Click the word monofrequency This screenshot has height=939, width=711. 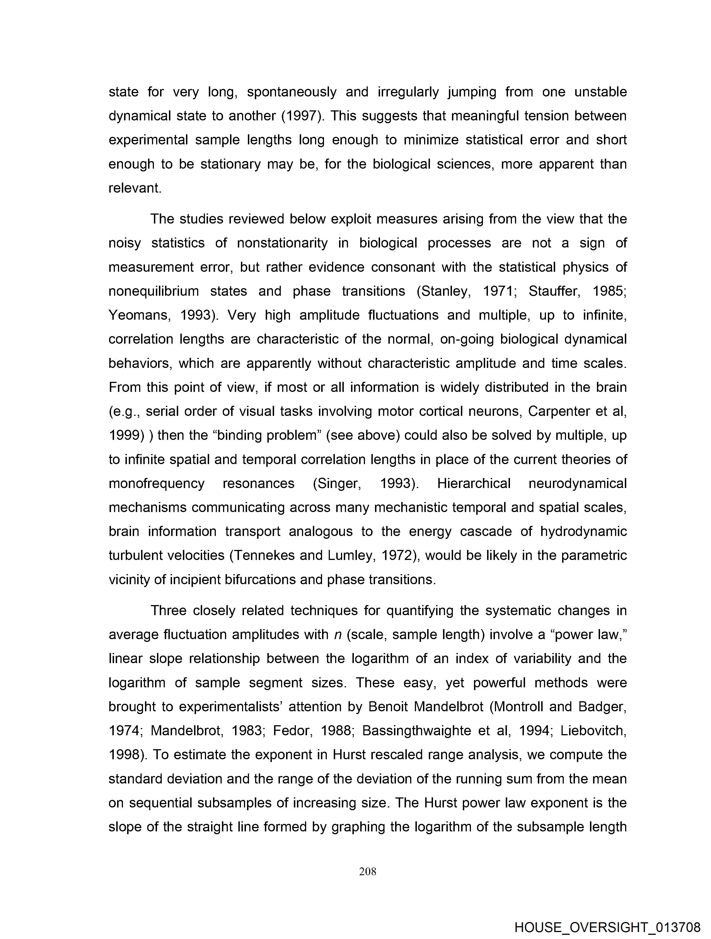coord(156,484)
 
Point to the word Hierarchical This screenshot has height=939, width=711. coord(473,484)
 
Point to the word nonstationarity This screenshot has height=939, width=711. coord(282,243)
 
